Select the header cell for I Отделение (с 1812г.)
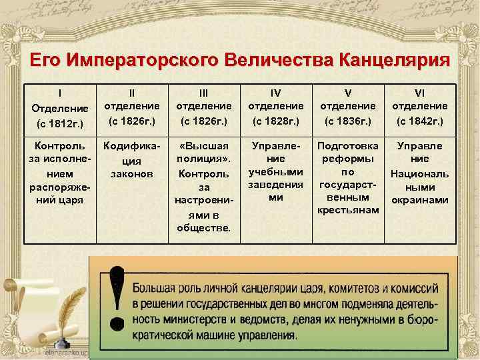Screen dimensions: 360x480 [60, 107]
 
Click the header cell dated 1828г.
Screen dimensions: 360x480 [275, 107]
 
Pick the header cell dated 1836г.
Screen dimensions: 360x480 [348, 107]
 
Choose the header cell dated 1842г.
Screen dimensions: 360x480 [419, 107]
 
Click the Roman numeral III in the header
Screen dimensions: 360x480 [203, 91]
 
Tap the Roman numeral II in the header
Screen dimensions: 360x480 [131, 91]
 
